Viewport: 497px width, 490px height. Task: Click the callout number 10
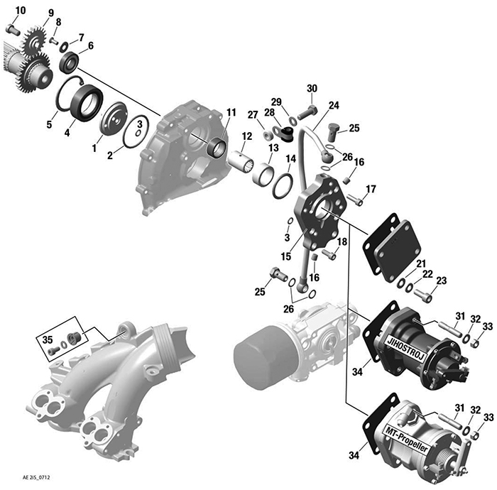[19, 10]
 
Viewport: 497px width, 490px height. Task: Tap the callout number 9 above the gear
[50, 13]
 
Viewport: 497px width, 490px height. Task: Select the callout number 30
[312, 88]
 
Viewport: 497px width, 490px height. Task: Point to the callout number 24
[334, 105]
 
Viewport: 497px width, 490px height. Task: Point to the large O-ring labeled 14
[281, 187]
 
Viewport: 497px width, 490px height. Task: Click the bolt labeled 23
[425, 295]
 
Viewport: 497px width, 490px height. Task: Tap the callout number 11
[231, 113]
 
